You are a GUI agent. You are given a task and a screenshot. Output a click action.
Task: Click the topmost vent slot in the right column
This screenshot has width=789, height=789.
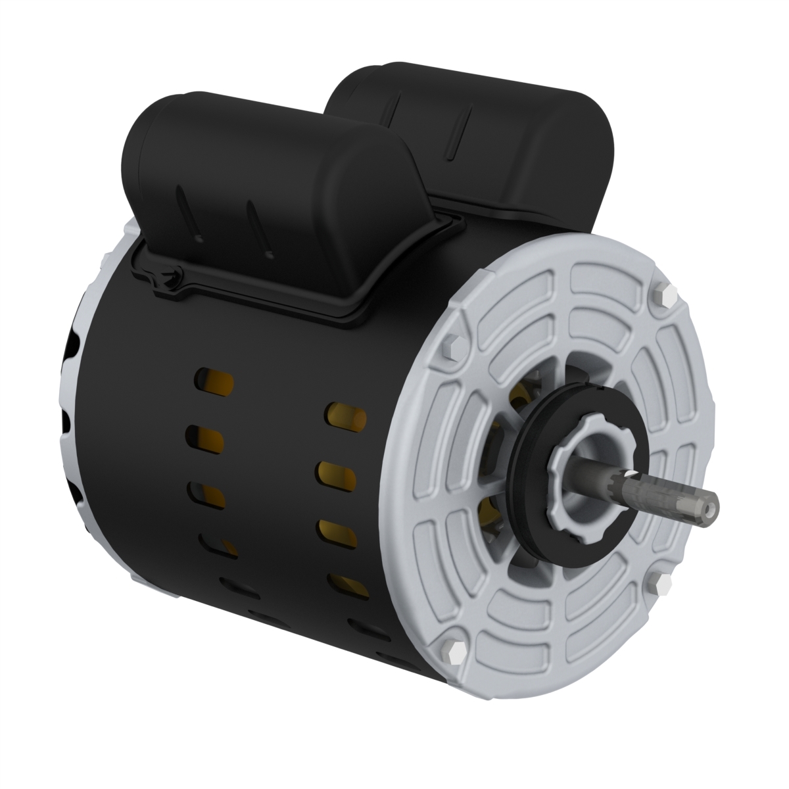(344, 416)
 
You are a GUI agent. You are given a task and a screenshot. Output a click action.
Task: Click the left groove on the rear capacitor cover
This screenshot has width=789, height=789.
(398, 105)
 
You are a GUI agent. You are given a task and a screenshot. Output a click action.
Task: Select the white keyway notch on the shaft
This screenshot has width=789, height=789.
(631, 475)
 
